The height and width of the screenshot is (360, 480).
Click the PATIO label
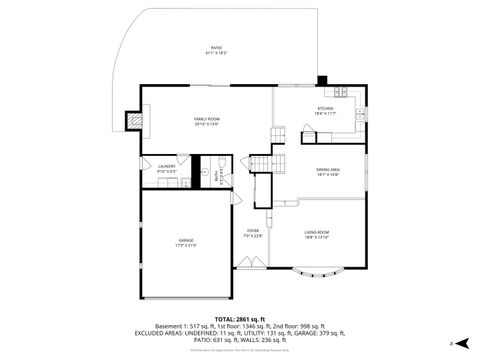[x=216, y=47]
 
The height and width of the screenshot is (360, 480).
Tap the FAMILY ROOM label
[x=207, y=118]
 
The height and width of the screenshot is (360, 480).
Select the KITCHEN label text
[x=326, y=108]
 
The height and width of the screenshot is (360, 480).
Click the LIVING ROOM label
[x=316, y=232]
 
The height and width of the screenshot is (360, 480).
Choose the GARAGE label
[x=186, y=240]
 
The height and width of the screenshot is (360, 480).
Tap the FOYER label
[x=253, y=231]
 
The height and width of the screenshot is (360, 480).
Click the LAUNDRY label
[x=167, y=166]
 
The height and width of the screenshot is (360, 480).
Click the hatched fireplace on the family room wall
[x=133, y=120]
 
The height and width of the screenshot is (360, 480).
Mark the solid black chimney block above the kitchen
[x=321, y=81]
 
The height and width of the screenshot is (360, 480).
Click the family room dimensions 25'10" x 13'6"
[x=207, y=124]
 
